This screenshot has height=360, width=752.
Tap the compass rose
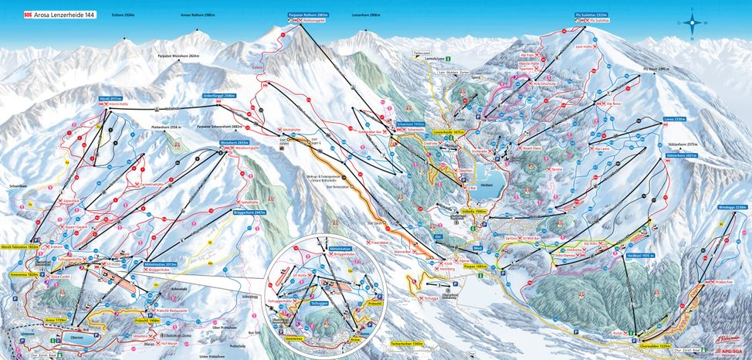click(692, 22)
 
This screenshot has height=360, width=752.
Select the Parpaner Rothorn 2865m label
click(297, 14)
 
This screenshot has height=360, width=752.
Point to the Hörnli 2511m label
click(110, 99)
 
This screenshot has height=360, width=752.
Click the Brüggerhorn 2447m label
click(249, 212)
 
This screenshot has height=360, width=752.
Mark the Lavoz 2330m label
click(674, 120)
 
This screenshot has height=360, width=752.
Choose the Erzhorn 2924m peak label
click(124, 13)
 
